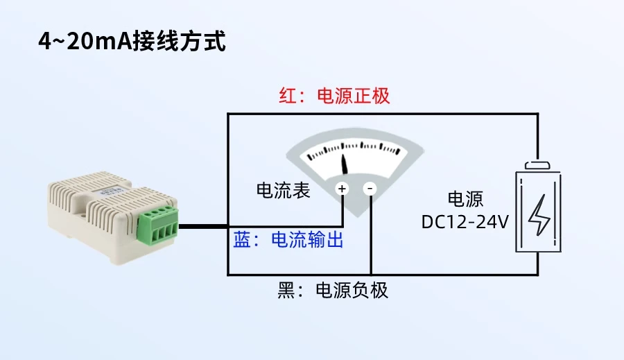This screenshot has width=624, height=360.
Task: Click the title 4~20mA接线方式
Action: tap(132, 42)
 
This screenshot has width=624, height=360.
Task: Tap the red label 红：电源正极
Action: tap(334, 96)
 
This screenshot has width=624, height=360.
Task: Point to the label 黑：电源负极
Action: tap(333, 290)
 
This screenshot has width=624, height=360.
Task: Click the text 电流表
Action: tap(284, 191)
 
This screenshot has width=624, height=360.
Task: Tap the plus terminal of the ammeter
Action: tap(342, 188)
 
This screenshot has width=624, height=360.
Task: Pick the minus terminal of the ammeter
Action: tap(370, 188)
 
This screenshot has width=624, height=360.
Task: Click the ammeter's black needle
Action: tap(346, 165)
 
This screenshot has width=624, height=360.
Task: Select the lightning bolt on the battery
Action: tap(538, 216)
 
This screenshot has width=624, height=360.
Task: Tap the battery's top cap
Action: tap(538, 165)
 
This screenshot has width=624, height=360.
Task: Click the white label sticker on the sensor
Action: tap(111, 188)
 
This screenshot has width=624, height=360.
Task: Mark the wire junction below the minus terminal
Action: tap(370, 274)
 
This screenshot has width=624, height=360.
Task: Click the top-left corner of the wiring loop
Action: tap(229, 114)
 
